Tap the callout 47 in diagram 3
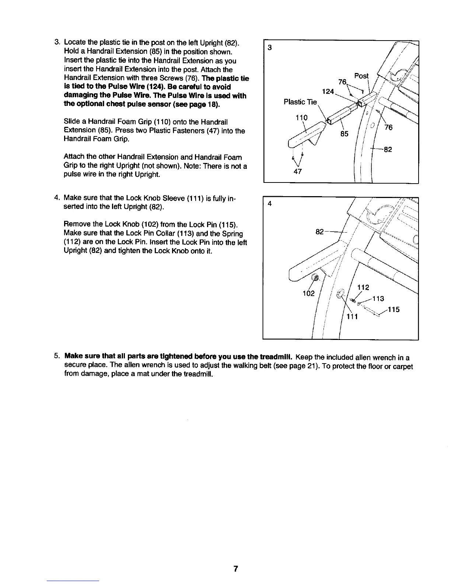tap(298, 171)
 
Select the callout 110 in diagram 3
tap(302, 117)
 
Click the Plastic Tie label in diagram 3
tap(300, 102)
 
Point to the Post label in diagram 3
tap(361, 76)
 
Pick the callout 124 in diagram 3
tap(328, 91)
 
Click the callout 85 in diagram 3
tap(344, 134)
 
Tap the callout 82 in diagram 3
tap(388, 149)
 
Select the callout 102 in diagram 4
tap(308, 293)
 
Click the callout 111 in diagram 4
tap(353, 317)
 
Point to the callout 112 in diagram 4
tap(364, 287)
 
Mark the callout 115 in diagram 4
tap(394, 310)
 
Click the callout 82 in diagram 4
tap(320, 232)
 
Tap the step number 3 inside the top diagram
tap(270, 48)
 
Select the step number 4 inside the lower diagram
tap(270, 204)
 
